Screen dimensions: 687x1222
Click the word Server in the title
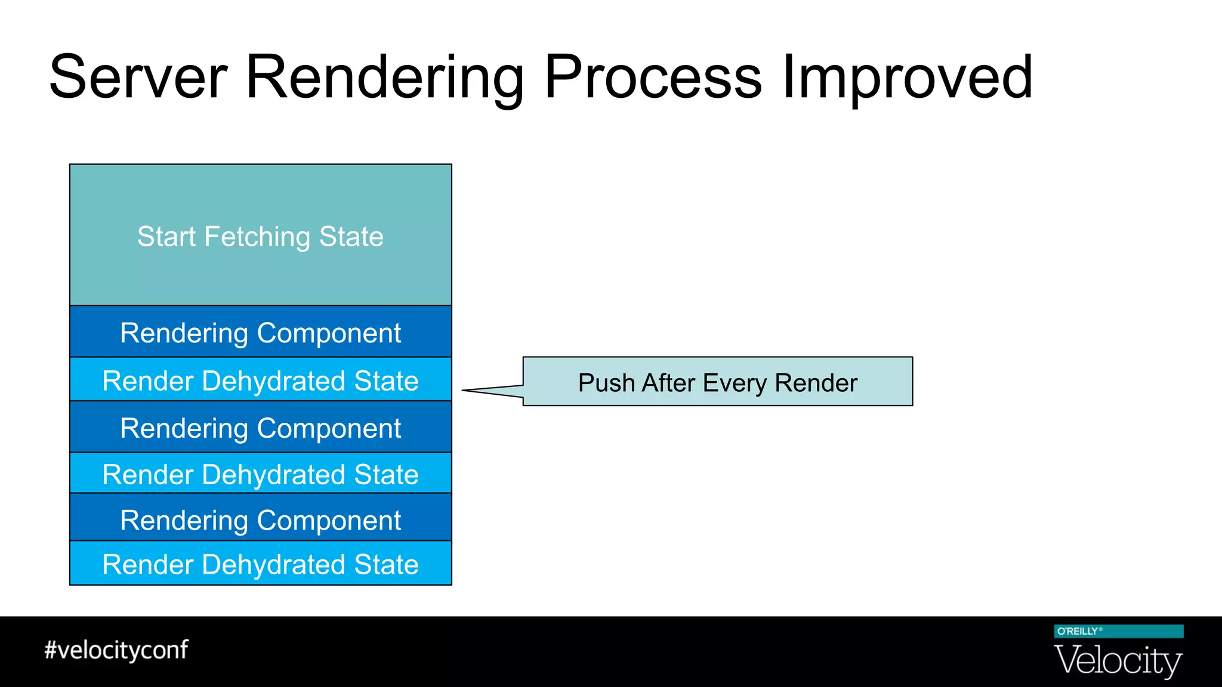(x=138, y=78)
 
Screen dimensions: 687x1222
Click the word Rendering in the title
(x=384, y=78)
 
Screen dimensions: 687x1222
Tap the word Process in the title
(x=653, y=78)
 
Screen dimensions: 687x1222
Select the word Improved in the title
(x=907, y=78)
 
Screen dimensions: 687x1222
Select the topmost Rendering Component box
(x=261, y=333)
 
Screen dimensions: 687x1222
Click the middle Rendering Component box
(x=261, y=428)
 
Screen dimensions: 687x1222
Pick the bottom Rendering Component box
(x=261, y=520)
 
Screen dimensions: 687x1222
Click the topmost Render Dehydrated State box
(x=261, y=380)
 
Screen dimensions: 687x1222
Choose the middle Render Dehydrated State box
(x=261, y=475)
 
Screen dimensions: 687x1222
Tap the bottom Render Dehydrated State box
(x=261, y=564)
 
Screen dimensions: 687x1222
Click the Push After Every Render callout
(x=717, y=382)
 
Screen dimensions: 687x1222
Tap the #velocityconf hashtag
(x=116, y=650)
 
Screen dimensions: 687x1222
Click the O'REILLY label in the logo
(x=1078, y=632)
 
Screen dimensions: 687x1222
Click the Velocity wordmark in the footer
(x=1118, y=660)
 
